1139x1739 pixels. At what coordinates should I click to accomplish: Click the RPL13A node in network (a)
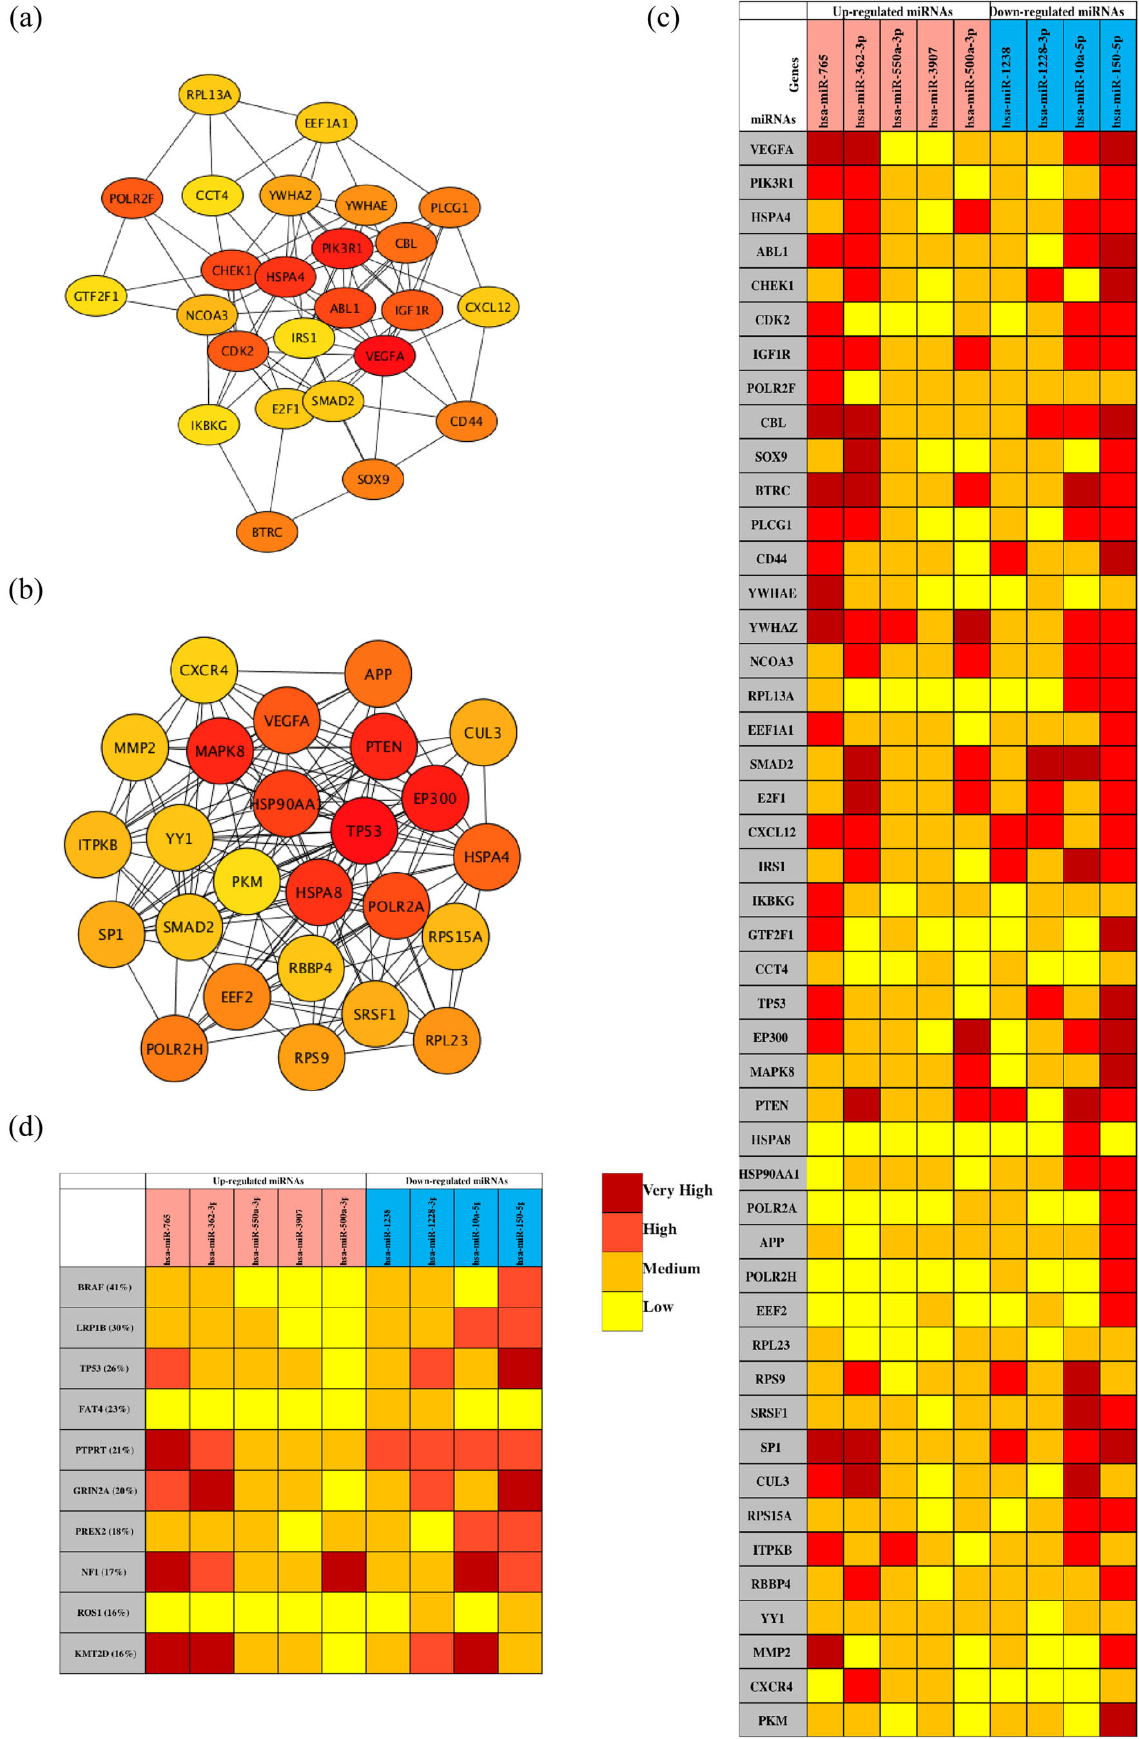pos(209,94)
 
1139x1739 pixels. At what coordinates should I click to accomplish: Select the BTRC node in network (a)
pos(267,532)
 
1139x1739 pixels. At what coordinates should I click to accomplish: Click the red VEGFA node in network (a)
pos(385,356)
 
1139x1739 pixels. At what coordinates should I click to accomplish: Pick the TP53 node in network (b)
pos(364,831)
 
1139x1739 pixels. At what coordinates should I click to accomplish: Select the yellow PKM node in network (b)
pos(247,881)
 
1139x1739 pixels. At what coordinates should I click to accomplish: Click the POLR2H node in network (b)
pos(174,1049)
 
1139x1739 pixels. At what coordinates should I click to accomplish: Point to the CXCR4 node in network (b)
pos(203,670)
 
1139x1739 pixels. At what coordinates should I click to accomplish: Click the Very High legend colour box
pos(621,1192)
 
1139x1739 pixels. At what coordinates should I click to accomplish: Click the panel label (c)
pos(663,17)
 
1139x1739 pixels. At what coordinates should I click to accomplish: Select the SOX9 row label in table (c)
pos(772,457)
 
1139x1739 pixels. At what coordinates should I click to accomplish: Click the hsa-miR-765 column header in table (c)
pos(824,75)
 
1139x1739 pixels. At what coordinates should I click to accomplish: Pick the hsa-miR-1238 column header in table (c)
pos(1008,75)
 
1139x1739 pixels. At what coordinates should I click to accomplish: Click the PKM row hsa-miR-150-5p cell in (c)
pos(1117,1720)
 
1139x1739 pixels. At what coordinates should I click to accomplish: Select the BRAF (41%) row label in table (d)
pos(103,1287)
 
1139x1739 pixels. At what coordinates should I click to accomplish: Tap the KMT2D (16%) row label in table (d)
pos(103,1653)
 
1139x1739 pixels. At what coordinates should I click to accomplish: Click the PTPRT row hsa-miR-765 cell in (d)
pos(168,1450)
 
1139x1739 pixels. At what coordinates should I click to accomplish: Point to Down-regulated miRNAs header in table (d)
pos(453,1181)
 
